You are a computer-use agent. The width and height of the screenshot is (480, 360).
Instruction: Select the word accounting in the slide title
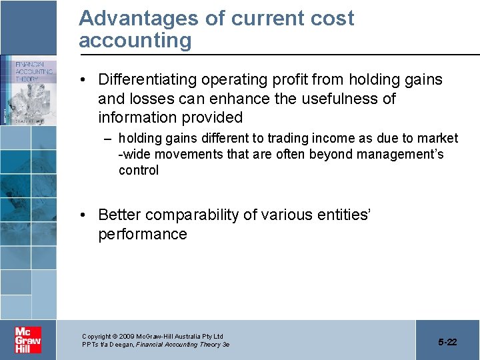click(135, 41)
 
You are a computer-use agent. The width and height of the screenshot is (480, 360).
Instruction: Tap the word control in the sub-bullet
click(139, 171)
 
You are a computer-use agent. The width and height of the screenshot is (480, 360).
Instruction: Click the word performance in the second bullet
click(143, 235)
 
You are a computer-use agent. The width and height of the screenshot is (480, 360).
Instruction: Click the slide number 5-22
click(447, 342)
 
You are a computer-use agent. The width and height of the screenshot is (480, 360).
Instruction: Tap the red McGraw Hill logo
click(28, 339)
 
